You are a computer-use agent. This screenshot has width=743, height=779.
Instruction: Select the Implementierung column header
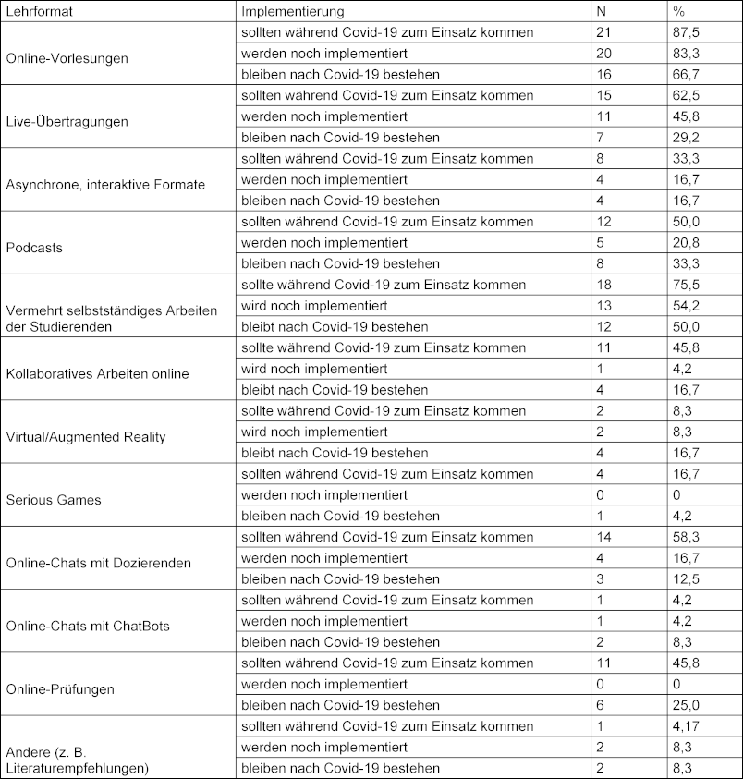point(292,12)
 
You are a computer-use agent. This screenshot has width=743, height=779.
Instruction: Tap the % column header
point(681,12)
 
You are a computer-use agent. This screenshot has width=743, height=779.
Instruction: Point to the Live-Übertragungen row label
point(67,121)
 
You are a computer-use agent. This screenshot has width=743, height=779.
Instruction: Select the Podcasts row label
point(34,247)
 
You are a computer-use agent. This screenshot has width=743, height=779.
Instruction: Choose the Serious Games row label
point(53,500)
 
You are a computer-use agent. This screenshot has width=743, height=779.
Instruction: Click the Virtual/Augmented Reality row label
point(86,437)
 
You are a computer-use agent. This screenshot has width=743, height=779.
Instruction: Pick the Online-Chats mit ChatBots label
point(88,627)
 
